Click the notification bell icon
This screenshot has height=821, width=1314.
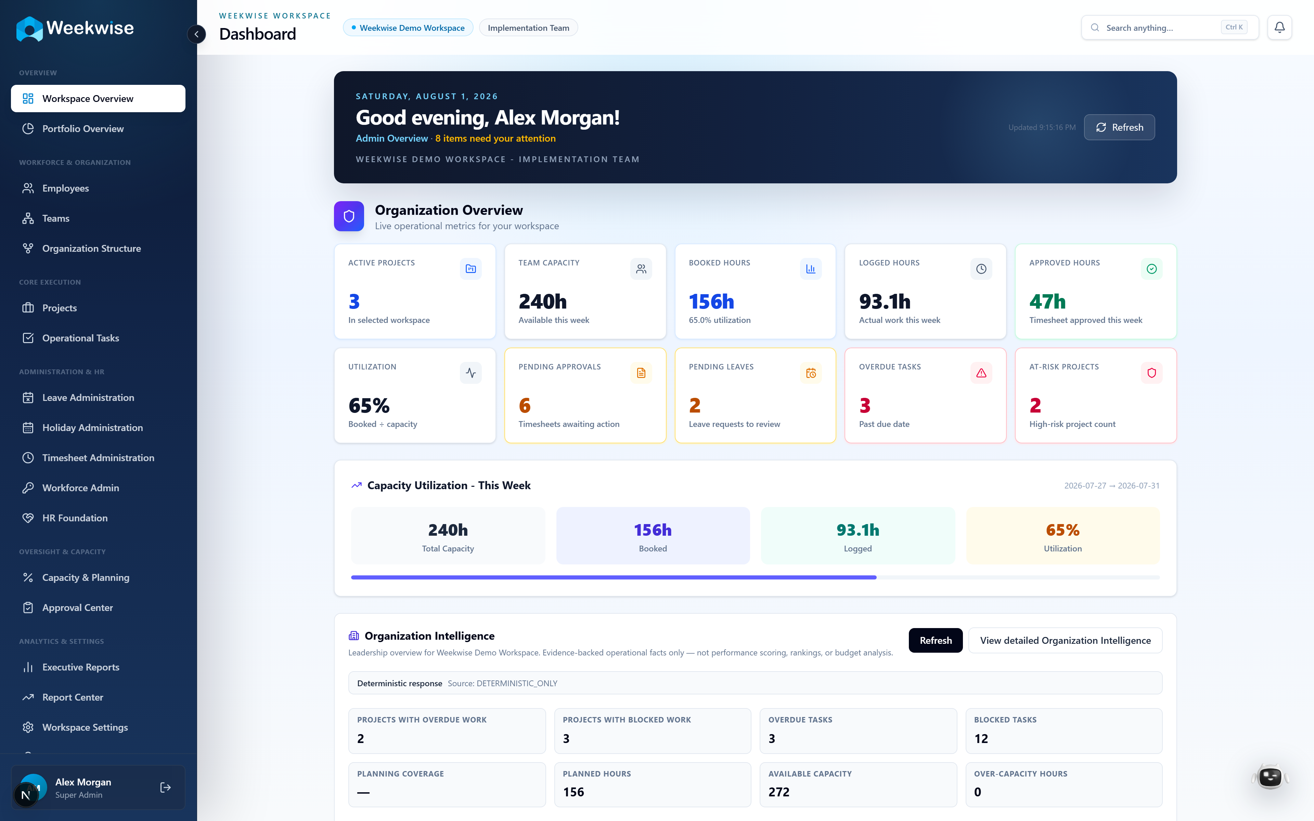[1279, 27]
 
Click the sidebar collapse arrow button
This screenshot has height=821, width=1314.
[196, 34]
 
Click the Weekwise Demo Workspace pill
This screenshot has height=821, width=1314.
[408, 28]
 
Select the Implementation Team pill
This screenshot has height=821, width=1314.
[528, 28]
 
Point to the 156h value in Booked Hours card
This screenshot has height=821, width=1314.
[711, 301]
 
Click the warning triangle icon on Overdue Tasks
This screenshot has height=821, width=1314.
[981, 373]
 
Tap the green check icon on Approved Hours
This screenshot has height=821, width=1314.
[1151, 269]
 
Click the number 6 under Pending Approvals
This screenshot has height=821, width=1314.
[525, 406]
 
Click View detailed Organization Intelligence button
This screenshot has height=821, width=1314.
[1065, 641]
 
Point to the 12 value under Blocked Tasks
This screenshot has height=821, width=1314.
[981, 739]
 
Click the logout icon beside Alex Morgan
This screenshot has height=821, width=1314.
[166, 787]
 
